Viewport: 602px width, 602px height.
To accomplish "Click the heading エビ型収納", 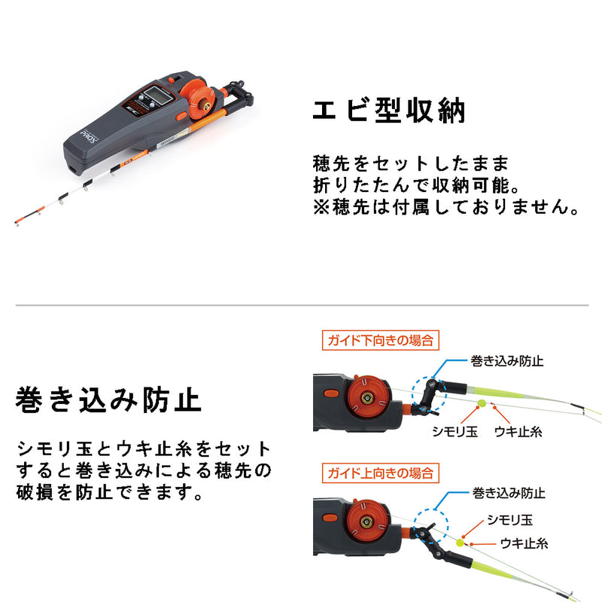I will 389,111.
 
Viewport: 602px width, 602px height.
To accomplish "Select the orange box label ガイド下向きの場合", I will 379,340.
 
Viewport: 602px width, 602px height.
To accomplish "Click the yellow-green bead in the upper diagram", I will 481,404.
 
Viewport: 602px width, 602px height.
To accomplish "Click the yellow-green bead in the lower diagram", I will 460,540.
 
